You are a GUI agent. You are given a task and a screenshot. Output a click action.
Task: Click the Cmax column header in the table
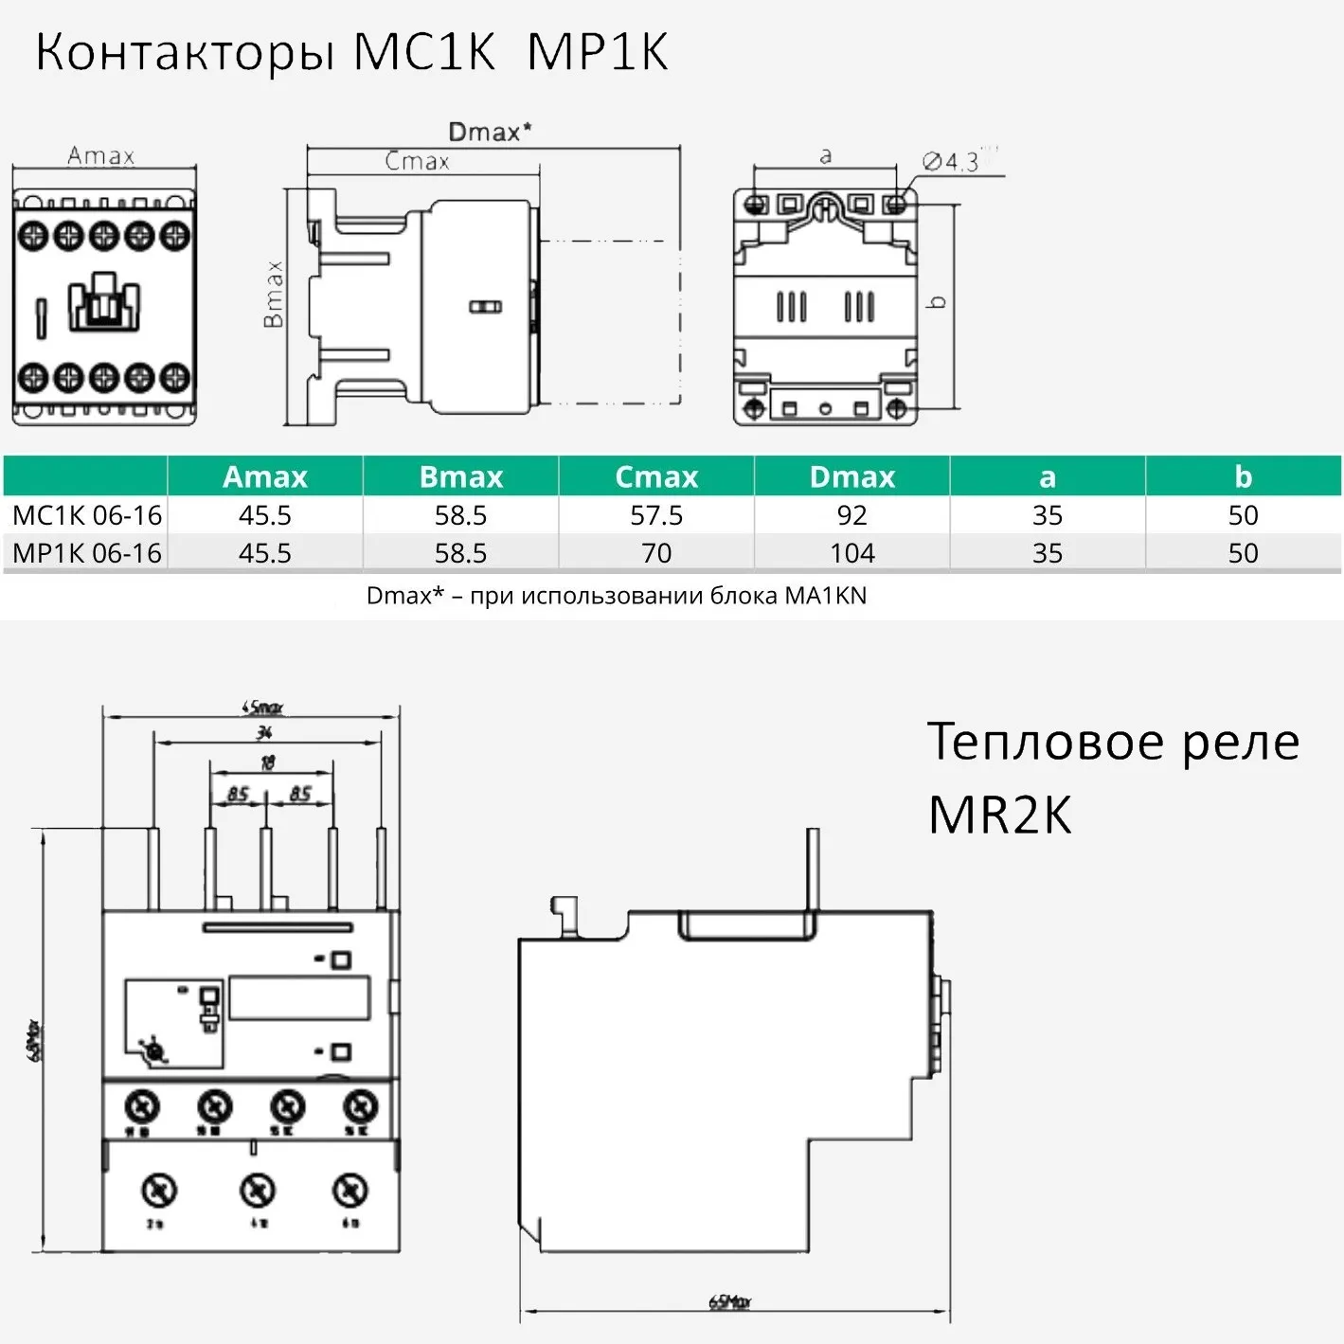(x=656, y=476)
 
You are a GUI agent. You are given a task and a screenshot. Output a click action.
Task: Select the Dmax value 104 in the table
(x=851, y=553)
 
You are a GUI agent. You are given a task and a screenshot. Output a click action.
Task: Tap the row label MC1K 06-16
(x=87, y=515)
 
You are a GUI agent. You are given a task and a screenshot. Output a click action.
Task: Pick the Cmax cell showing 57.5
(x=656, y=515)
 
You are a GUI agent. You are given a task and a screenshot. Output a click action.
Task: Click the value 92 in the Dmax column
(x=851, y=515)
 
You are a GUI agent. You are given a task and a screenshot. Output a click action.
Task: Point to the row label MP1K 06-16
(x=87, y=553)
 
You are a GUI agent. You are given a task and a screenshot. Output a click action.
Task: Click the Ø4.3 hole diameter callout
(x=951, y=162)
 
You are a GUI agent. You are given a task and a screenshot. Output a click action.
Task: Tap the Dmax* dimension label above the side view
(x=489, y=132)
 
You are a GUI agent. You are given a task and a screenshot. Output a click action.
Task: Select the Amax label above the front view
(x=100, y=155)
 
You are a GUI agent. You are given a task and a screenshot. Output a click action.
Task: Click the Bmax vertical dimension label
(x=273, y=294)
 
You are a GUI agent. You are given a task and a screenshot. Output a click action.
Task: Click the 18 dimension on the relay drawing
(x=267, y=762)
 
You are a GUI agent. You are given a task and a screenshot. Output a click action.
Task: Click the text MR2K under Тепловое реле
(x=999, y=815)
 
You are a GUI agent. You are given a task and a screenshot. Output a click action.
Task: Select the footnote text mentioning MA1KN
(x=617, y=596)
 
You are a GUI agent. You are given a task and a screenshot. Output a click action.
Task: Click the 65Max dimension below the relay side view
(x=729, y=1302)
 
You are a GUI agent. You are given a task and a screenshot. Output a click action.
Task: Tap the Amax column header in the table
(x=265, y=476)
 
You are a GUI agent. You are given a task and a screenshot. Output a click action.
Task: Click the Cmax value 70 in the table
(x=656, y=553)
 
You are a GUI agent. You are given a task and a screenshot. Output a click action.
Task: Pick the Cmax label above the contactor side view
(x=417, y=161)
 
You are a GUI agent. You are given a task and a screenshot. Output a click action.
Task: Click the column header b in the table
(x=1243, y=476)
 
